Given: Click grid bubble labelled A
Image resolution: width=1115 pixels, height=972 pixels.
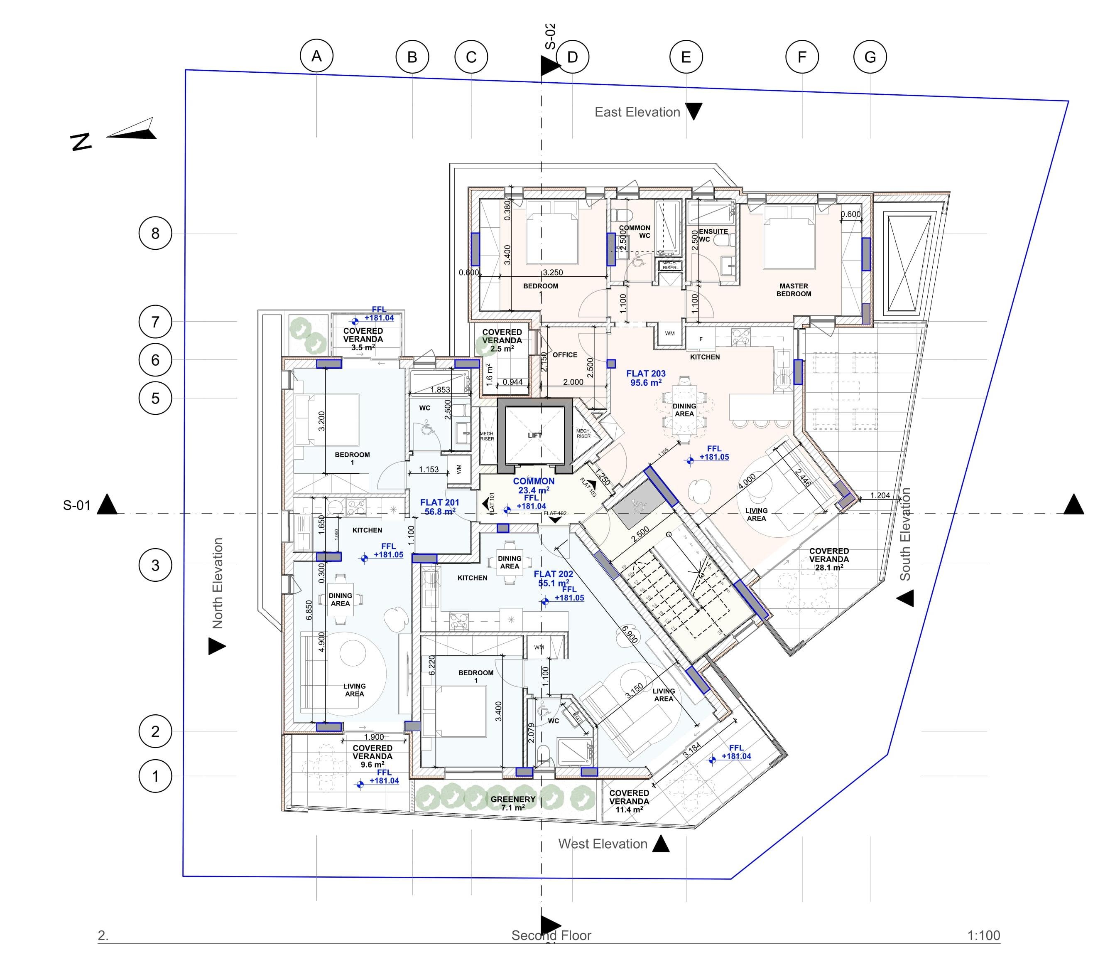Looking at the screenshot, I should point(316,56).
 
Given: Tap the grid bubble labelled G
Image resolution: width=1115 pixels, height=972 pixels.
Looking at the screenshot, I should point(870,57).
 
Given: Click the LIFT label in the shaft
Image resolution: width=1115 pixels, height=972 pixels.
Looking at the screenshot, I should point(534,435).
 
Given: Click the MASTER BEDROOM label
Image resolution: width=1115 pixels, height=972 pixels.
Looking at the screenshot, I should point(794,290).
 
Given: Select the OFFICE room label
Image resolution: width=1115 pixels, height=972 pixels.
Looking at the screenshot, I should point(565,355).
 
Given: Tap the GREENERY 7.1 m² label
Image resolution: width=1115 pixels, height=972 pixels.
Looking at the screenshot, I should point(513,803).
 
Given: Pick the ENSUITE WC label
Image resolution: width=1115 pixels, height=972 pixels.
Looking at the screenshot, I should point(712,235).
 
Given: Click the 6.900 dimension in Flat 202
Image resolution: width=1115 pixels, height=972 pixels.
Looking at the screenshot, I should point(629,634).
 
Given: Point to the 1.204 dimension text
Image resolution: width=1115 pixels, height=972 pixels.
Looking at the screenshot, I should point(880,495).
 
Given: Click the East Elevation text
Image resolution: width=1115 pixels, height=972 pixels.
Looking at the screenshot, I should point(637,112).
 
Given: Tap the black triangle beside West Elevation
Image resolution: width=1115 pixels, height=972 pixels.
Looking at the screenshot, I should point(661,844).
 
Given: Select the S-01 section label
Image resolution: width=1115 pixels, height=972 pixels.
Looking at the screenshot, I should point(76,505).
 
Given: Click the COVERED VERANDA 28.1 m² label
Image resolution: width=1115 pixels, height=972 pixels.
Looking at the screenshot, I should point(829,559).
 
